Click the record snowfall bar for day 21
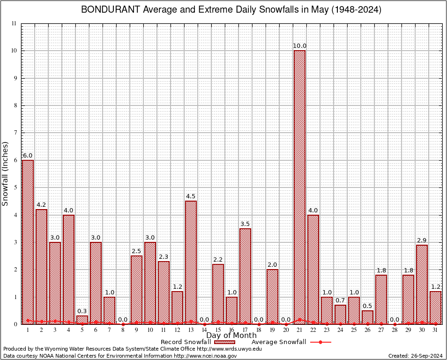(x=299, y=187)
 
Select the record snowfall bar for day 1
(x=28, y=242)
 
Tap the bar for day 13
(x=191, y=262)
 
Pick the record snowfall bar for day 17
(x=245, y=276)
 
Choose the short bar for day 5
(x=82, y=320)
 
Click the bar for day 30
(x=422, y=284)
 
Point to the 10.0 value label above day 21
(x=299, y=46)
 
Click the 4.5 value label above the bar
(x=191, y=196)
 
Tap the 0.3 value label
(x=82, y=311)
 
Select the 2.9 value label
(x=422, y=240)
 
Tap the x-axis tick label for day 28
(x=395, y=330)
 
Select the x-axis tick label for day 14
(x=204, y=330)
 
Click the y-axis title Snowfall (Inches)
(x=6, y=173)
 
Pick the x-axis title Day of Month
(x=231, y=336)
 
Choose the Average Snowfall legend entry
(x=291, y=342)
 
